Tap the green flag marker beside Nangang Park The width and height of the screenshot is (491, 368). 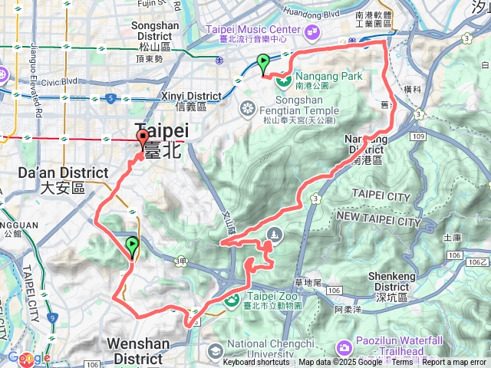263,63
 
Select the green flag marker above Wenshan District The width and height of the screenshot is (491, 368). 132,247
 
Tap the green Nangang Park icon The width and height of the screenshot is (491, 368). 282,78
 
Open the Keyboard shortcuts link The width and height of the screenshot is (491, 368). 257,363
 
